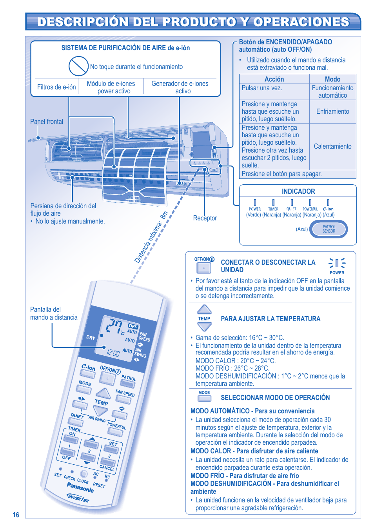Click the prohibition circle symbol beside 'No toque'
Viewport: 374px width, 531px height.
click(78, 66)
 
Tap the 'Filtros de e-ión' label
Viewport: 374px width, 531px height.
click(56, 87)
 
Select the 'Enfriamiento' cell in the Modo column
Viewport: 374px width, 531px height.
click(332, 111)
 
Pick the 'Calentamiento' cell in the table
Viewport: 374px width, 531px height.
click(332, 146)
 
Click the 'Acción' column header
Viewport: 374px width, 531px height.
click(274, 79)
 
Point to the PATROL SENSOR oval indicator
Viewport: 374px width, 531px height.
click(329, 229)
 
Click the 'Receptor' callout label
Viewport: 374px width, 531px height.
click(205, 218)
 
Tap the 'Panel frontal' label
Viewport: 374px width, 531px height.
click(46, 122)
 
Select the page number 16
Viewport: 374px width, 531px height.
click(16, 515)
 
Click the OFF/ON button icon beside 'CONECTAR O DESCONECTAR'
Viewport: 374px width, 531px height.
click(204, 268)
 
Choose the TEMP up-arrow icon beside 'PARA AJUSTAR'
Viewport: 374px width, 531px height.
click(204, 309)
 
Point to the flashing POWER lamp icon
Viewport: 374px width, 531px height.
click(337, 263)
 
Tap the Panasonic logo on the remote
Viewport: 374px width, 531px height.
click(80, 487)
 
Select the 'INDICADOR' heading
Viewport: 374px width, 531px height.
click(298, 191)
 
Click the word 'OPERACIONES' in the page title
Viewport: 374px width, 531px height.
click(301, 22)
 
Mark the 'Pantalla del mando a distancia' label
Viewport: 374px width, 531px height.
click(54, 313)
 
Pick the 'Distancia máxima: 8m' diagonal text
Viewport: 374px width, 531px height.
click(151, 237)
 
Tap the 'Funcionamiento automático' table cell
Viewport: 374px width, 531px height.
click(332, 92)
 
